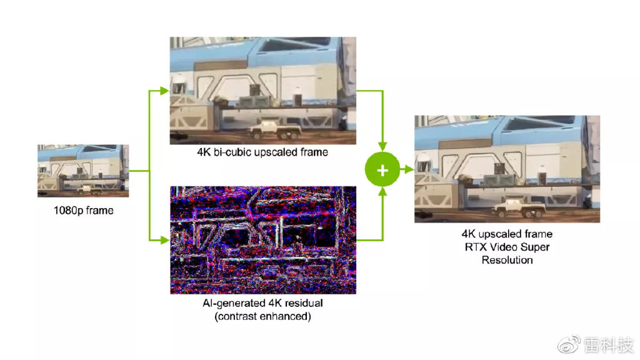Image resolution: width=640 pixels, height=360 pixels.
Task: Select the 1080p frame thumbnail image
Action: (x=83, y=171)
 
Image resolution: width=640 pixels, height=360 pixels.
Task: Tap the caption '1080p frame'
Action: (x=83, y=211)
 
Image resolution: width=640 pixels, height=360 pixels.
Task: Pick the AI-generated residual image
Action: (x=262, y=239)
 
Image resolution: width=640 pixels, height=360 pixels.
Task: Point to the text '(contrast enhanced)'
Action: (x=262, y=316)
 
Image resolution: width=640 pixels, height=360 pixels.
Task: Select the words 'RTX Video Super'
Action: (x=507, y=247)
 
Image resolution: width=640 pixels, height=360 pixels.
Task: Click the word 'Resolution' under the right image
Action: (x=507, y=260)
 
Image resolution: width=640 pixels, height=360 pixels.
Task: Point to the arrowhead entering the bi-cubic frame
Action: (x=164, y=91)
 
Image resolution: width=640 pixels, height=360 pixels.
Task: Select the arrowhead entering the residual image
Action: (x=164, y=239)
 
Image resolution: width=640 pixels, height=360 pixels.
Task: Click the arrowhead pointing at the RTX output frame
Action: (x=409, y=169)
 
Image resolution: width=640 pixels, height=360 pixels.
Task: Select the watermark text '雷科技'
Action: (x=609, y=344)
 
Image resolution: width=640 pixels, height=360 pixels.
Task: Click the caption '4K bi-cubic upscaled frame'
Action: (x=262, y=152)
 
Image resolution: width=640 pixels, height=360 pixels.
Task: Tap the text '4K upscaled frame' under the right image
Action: (x=507, y=234)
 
